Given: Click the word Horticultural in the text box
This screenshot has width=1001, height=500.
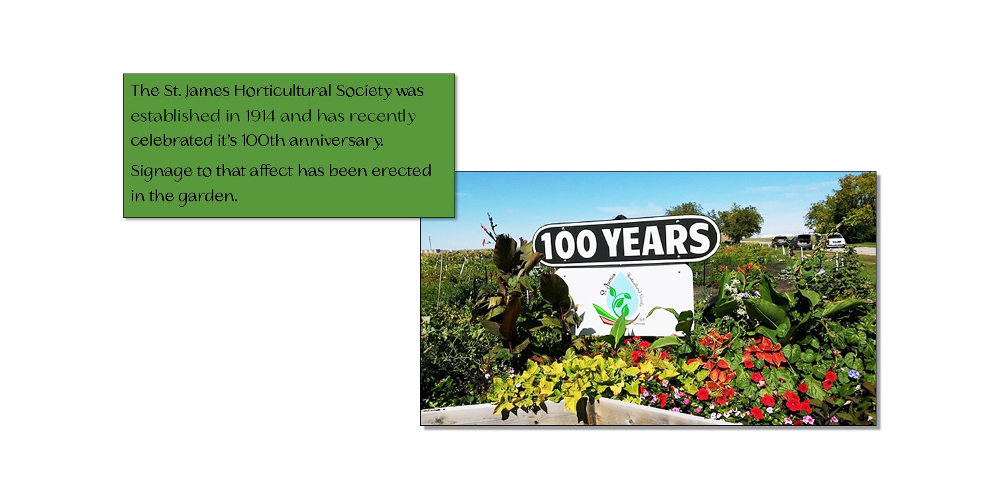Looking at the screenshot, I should coord(282,91).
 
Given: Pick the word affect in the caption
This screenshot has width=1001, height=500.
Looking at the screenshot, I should coord(271,171).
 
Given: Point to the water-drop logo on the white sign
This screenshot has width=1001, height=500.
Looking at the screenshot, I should coord(620,294).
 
